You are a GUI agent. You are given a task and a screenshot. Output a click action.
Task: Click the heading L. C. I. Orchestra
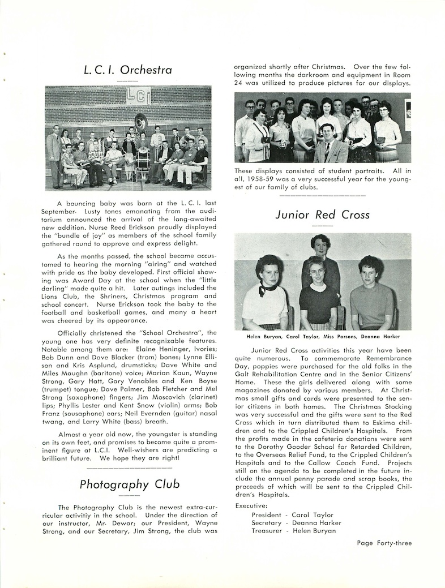point(127,71)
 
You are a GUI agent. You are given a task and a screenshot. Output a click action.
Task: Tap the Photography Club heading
point(130,484)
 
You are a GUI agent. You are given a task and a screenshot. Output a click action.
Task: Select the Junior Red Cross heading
point(322,214)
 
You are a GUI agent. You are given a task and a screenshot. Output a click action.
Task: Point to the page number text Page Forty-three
point(384,543)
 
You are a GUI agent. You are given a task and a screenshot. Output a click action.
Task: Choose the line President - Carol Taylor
point(293,514)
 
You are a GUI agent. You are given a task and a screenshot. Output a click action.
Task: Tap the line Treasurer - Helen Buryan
point(294,530)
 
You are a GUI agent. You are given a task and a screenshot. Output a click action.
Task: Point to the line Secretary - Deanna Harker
point(297,522)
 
